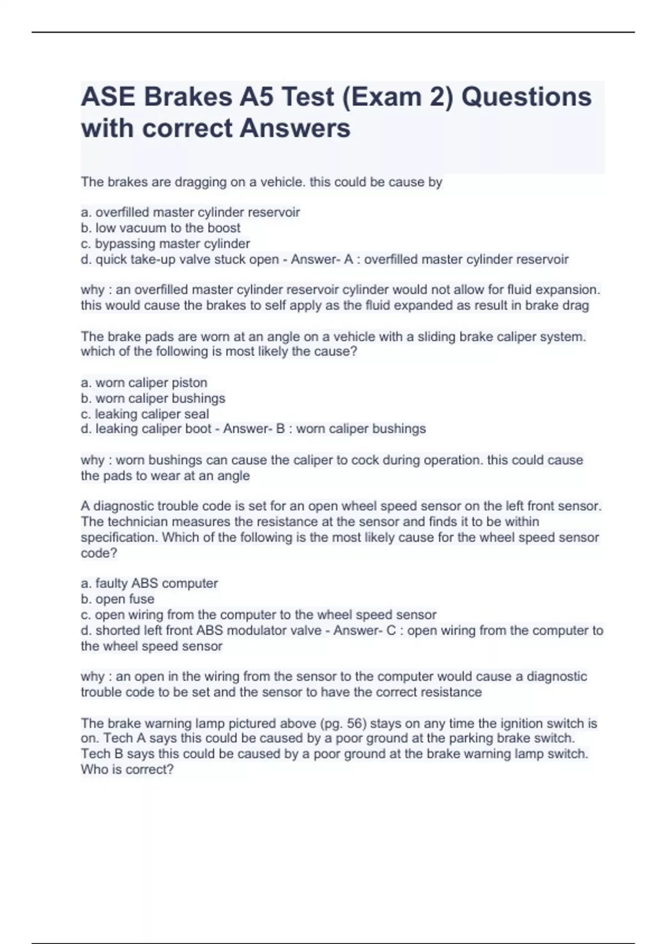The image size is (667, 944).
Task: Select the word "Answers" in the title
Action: (295, 128)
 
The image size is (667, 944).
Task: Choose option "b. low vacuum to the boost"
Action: (161, 228)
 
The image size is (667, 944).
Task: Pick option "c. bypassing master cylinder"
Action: (165, 243)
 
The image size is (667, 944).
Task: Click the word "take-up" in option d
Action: (154, 259)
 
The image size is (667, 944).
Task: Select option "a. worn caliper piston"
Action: (144, 383)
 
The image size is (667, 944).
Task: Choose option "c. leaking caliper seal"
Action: (145, 414)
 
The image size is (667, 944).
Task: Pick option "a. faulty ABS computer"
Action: (150, 583)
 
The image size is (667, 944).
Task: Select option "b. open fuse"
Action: (118, 599)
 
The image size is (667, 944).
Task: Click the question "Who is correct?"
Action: (127, 770)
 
